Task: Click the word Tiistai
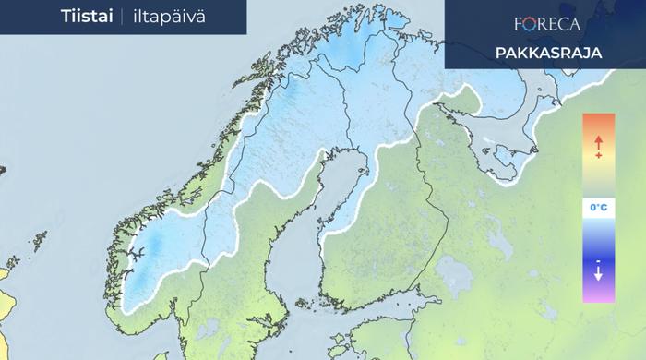tap(87, 16)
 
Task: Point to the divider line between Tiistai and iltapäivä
tap(121, 16)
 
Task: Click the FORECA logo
tap(547, 23)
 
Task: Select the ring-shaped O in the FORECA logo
tap(533, 23)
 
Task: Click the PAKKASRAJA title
tap(547, 53)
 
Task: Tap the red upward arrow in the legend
tap(598, 141)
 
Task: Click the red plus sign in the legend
tap(598, 155)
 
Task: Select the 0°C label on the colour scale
tap(598, 208)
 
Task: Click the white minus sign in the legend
tap(598, 262)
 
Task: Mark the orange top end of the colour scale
tap(598, 120)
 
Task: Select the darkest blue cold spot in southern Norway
tap(155, 246)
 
